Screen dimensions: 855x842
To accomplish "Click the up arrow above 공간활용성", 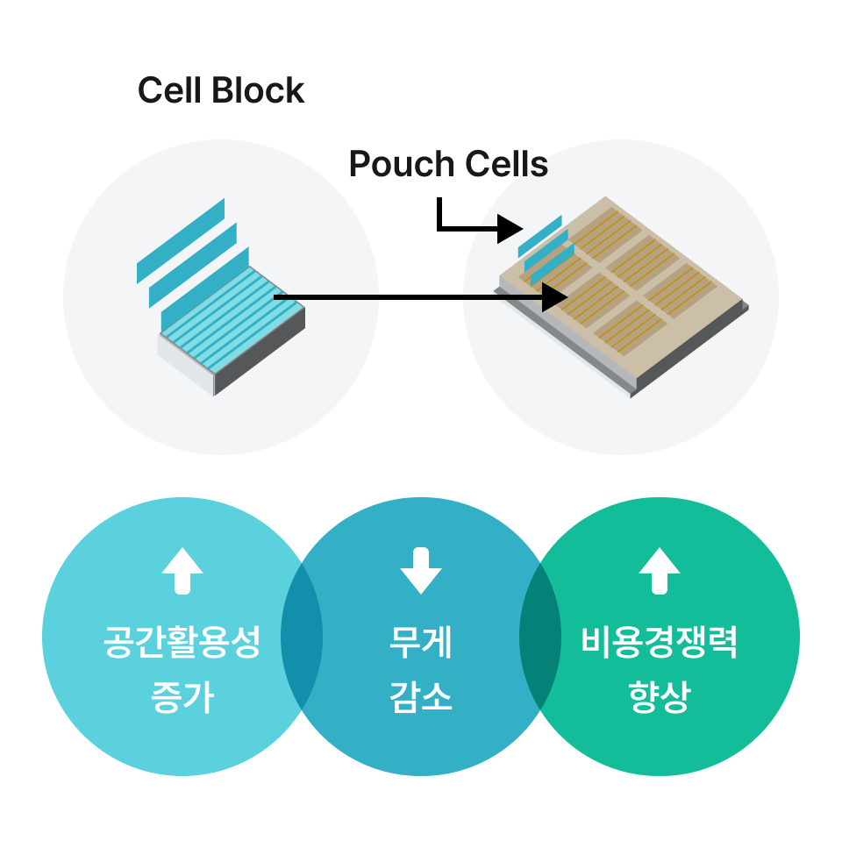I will tap(182, 571).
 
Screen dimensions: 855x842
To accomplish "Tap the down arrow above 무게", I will tap(421, 571).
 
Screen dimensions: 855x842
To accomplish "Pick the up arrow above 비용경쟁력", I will tap(660, 571).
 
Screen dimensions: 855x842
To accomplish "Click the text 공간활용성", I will tap(182, 645).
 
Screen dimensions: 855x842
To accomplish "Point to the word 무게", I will tap(421, 645).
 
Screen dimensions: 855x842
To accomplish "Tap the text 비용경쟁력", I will tap(660, 645).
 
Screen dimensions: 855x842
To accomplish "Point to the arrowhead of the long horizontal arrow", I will tap(555, 297).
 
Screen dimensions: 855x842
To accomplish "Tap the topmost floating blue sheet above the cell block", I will tap(181, 240).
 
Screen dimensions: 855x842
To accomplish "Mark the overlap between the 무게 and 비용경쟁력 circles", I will tap(540, 636).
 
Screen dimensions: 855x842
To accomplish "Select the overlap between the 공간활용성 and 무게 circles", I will tap(302, 636).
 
